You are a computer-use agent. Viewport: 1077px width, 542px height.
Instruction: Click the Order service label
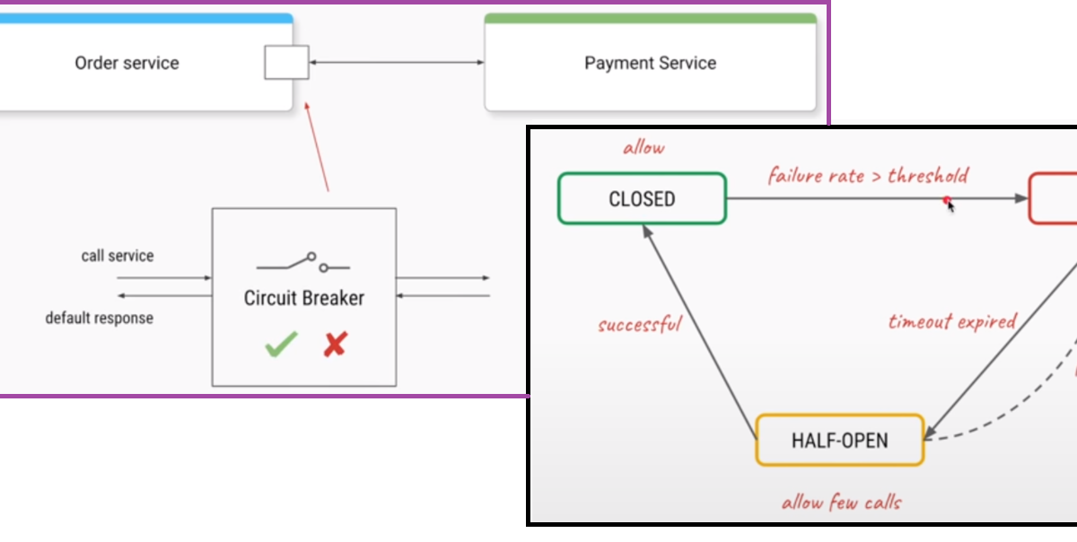pos(127,63)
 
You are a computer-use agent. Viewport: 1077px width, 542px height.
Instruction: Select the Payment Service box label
pos(650,63)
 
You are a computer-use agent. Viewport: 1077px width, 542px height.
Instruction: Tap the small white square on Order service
pos(286,62)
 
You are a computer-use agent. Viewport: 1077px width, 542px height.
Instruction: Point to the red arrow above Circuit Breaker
pos(318,147)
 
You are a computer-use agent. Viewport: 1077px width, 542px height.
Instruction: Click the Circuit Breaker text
pos(304,298)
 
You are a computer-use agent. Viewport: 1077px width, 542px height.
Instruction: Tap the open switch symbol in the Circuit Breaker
pos(303,263)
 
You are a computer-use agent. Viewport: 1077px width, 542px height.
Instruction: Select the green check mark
pos(281,345)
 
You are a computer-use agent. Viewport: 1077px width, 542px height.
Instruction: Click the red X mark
pos(335,345)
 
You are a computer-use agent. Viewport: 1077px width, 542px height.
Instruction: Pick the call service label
pos(118,256)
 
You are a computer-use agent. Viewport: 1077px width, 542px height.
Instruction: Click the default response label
pos(100,318)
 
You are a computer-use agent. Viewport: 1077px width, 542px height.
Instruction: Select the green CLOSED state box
pos(642,198)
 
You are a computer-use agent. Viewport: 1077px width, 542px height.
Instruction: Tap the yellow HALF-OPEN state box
pos(839,440)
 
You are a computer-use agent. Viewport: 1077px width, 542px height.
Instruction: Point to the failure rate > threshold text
pos(868,175)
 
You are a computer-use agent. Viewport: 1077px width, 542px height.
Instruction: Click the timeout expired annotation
pos(952,321)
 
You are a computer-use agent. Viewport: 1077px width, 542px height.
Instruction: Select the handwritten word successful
pos(640,324)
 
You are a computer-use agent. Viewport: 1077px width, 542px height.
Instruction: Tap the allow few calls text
pos(840,503)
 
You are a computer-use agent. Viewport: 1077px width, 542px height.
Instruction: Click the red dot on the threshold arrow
pos(947,201)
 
